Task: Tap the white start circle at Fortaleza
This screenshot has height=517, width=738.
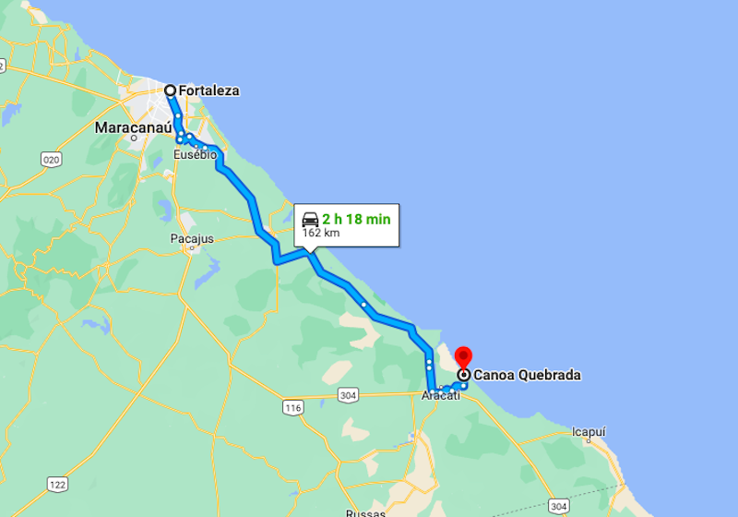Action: click(171, 90)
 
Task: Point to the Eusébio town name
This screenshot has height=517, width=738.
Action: click(196, 155)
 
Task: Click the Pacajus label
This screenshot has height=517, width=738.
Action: click(192, 238)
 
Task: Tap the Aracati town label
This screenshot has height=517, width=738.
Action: click(440, 396)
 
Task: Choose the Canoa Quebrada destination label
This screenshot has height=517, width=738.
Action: click(527, 375)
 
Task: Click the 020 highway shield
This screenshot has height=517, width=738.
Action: click(51, 160)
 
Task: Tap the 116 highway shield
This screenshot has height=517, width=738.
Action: click(293, 407)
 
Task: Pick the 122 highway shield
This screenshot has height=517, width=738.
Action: click(57, 485)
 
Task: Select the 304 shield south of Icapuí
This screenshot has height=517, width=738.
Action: click(558, 507)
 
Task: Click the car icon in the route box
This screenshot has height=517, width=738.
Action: click(310, 220)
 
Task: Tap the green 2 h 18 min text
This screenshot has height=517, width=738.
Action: click(357, 219)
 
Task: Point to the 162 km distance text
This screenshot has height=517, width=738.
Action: click(321, 233)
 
